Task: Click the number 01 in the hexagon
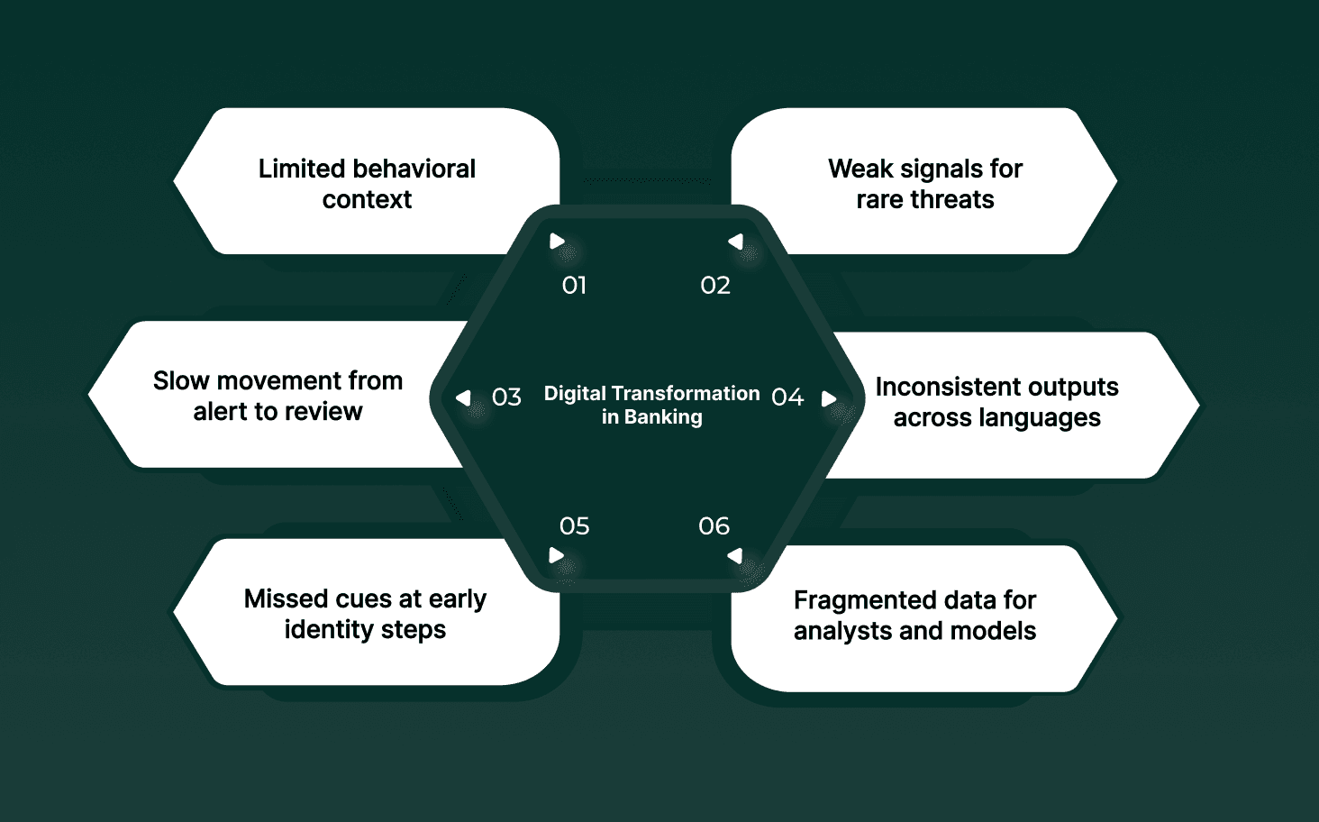tap(574, 286)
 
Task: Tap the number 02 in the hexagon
tap(715, 286)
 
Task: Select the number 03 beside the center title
tap(506, 397)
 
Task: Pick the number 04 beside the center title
tap(787, 397)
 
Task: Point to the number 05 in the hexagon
tap(574, 526)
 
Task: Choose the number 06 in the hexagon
tap(714, 526)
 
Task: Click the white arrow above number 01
tap(558, 242)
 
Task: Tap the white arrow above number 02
tap(736, 242)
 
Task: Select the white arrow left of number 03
tap(463, 397)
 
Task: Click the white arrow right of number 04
tap(829, 398)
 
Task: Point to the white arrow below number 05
tap(557, 555)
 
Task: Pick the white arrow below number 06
tap(735, 556)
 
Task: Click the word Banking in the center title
tap(663, 417)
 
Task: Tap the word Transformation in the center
tap(686, 394)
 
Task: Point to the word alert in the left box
tap(221, 412)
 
